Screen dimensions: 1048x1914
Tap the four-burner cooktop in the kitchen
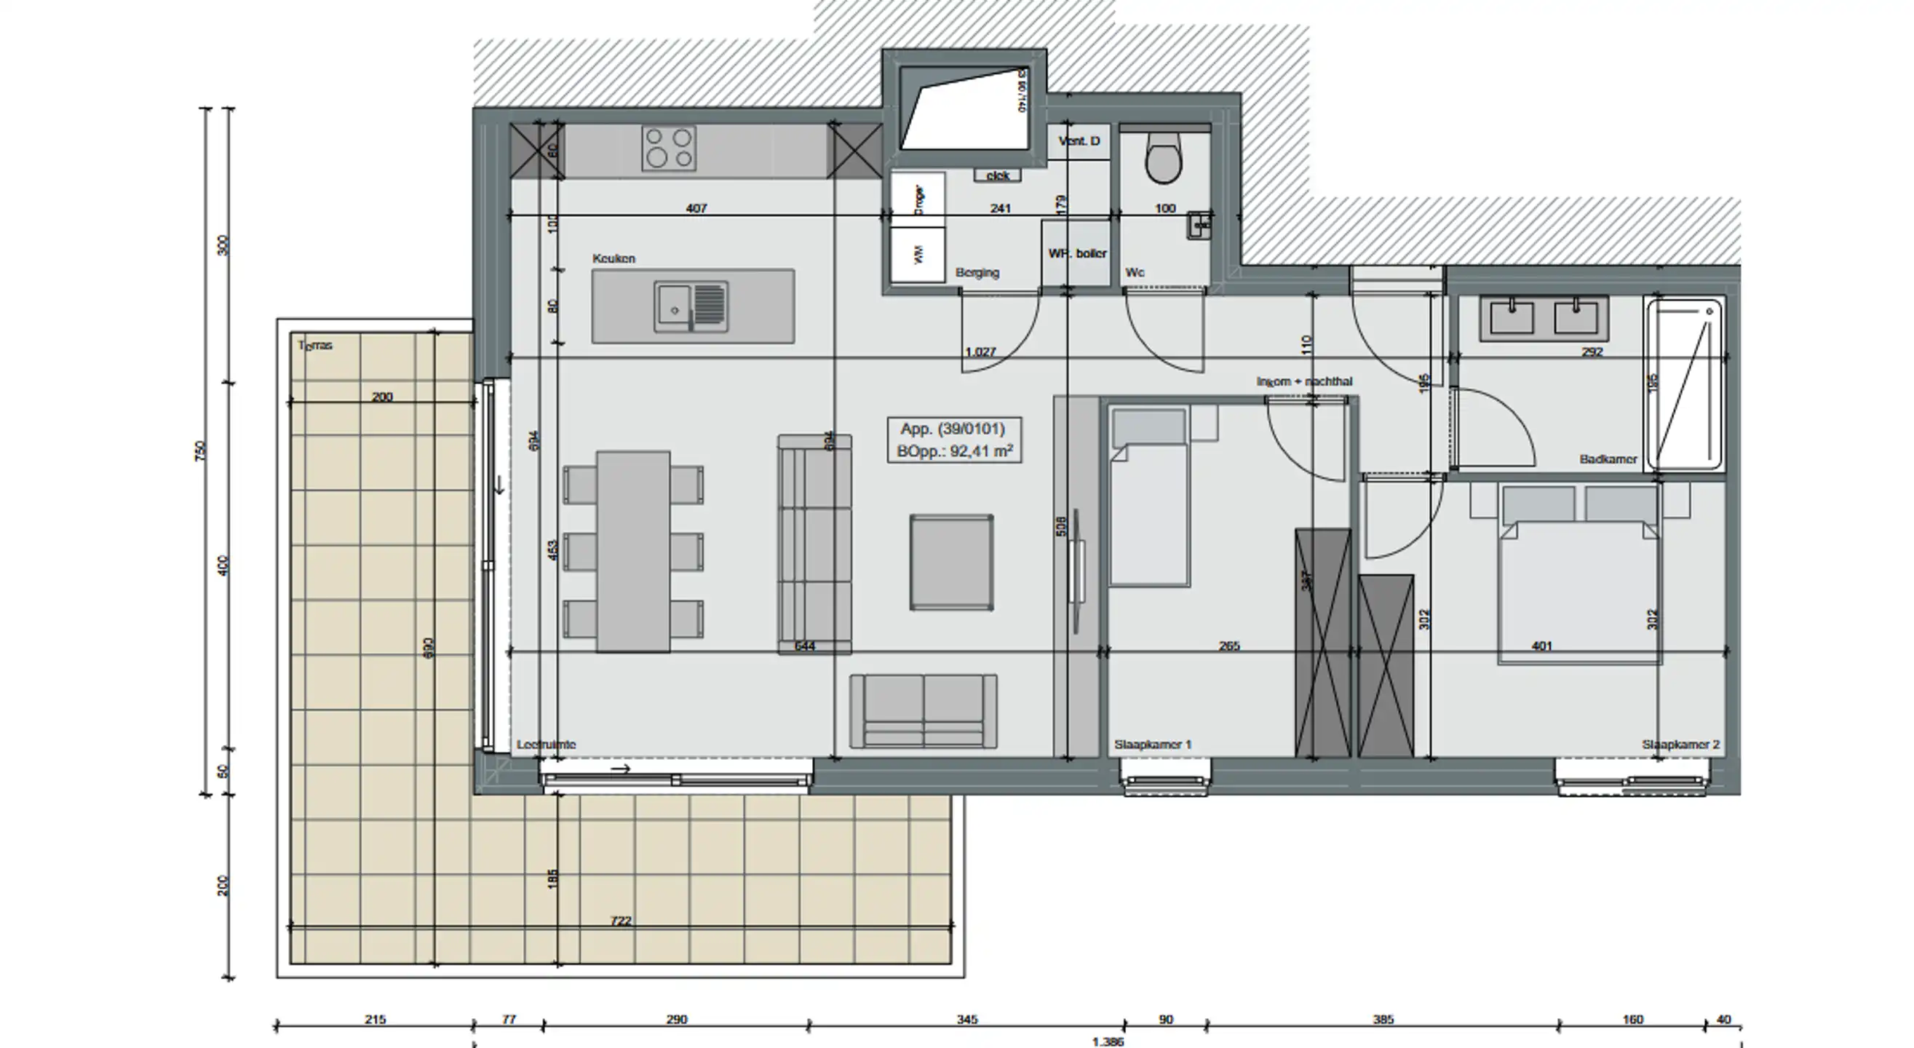click(x=669, y=147)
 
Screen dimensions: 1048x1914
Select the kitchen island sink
click(x=691, y=306)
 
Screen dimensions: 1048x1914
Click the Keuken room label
click(x=613, y=258)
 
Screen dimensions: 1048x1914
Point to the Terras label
click(x=315, y=346)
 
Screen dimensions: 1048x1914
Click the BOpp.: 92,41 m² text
click(x=955, y=451)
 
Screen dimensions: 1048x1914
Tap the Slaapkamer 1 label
click(x=1153, y=745)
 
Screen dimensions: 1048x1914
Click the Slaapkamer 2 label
click(x=1680, y=745)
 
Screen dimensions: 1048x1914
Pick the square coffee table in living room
click(x=951, y=563)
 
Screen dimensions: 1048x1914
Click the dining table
click(x=633, y=552)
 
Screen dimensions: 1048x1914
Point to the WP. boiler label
click(x=1077, y=253)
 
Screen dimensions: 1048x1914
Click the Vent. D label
click(x=1079, y=141)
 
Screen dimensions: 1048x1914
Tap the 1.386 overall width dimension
click(x=1108, y=1042)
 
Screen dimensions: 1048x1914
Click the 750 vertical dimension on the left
click(x=200, y=450)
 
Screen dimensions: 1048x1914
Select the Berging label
click(x=977, y=273)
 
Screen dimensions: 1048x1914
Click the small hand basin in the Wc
click(x=1199, y=223)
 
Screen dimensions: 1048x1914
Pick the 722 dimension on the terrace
click(x=621, y=921)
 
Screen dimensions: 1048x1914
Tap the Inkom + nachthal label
click(x=1304, y=381)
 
